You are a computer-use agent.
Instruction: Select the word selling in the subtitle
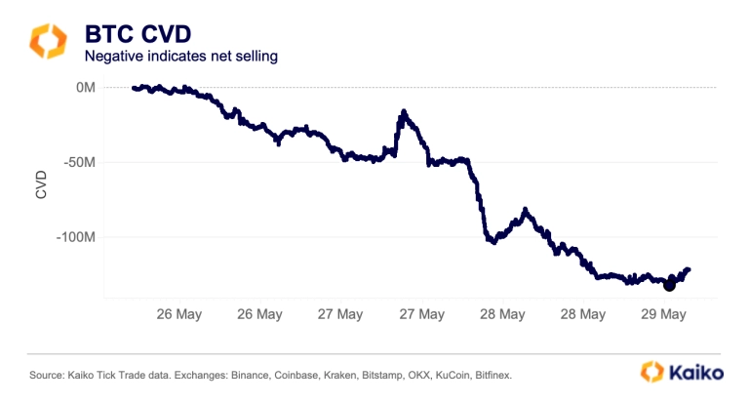(x=256, y=57)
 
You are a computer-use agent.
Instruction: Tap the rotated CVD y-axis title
(x=40, y=184)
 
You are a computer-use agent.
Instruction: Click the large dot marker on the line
(x=669, y=285)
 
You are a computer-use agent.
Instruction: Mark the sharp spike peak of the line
(x=403, y=113)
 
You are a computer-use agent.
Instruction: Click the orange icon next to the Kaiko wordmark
(x=652, y=372)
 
